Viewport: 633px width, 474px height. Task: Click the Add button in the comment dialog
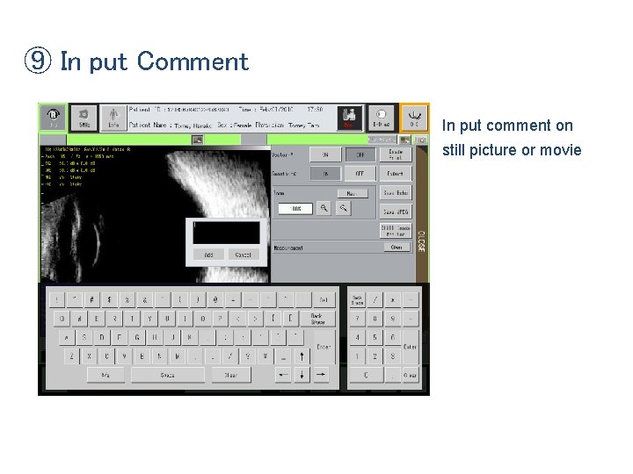pos(208,255)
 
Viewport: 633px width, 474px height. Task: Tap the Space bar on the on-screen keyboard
pos(167,375)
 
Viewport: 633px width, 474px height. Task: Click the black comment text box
pos(227,233)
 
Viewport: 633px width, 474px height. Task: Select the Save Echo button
pos(396,192)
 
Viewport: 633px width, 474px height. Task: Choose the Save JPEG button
pos(396,212)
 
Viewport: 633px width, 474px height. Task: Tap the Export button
pos(396,174)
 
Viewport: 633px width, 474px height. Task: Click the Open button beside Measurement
pos(396,248)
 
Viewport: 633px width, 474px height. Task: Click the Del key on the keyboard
pos(324,299)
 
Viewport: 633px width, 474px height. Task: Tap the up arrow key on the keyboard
pos(302,356)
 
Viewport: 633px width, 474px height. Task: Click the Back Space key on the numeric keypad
pos(358,299)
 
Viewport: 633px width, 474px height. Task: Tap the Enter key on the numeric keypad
pos(411,347)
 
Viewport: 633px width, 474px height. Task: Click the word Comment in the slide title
pos(193,62)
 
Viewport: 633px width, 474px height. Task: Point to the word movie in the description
pos(564,150)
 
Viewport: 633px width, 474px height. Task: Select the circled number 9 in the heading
pos(38,62)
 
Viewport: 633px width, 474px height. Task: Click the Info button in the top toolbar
pos(113,117)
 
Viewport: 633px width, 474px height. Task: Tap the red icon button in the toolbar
pos(349,117)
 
